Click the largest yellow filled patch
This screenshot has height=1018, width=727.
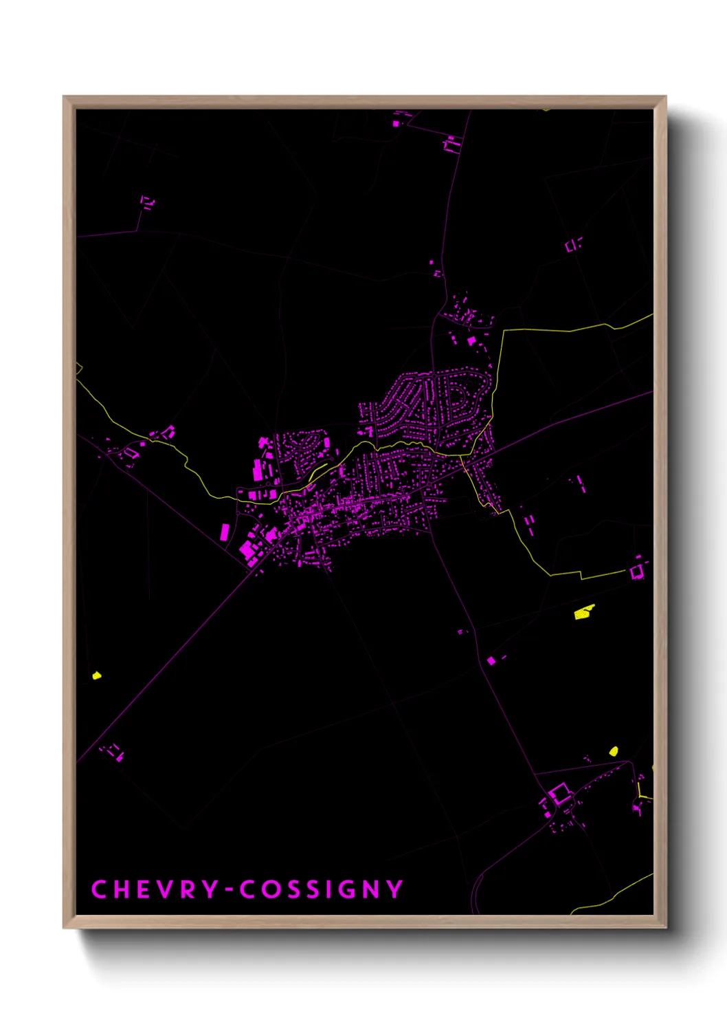(584, 611)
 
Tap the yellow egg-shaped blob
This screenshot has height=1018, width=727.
(614, 751)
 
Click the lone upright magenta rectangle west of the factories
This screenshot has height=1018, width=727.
(224, 532)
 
